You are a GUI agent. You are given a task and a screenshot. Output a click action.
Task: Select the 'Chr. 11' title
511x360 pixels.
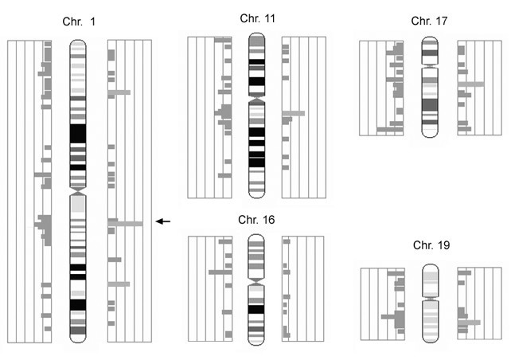pos(256,18)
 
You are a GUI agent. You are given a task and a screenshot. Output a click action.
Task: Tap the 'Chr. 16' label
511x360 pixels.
pos(256,219)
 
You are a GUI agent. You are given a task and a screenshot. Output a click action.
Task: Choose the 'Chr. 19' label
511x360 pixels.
pos(431,246)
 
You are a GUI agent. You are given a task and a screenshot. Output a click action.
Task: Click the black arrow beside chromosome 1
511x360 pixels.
pos(163,221)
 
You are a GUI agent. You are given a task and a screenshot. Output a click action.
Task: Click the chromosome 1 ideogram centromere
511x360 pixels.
pos(77,193)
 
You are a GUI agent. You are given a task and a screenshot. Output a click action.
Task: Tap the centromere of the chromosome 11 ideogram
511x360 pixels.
pos(256,100)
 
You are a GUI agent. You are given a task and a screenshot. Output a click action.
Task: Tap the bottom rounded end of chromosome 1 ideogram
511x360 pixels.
pos(77,338)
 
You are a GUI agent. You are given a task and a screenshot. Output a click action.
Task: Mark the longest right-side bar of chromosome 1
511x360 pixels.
pos(126,224)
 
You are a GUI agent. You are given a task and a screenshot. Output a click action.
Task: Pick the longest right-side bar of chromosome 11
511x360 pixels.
pos(293,113)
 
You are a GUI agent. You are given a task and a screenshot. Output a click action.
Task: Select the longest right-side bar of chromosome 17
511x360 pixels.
pos(471,84)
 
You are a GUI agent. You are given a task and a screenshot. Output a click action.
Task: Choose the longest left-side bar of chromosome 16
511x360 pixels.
pos(220,272)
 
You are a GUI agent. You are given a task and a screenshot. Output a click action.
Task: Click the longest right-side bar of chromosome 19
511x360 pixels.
pos(470,323)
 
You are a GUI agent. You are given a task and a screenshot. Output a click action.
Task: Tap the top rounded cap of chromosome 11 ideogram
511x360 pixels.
pos(256,37)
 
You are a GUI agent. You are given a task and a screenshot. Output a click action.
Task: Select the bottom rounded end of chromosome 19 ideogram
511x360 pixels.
pos(430,339)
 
